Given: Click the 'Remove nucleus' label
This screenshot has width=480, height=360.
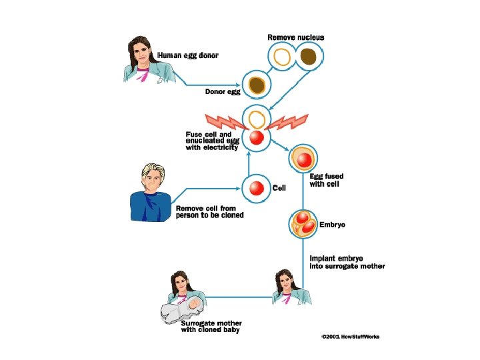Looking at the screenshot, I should point(295,37).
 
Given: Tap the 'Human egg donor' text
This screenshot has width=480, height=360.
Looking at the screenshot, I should point(187,55).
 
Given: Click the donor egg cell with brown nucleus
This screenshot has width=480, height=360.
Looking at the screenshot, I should point(257,85).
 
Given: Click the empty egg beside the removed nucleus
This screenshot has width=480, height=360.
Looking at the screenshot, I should point(282,57).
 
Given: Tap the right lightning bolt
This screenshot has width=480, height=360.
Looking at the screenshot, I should point(288,123).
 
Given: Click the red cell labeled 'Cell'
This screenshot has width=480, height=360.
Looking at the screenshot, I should point(257,188).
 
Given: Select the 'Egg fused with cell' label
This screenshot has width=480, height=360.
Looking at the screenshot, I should point(326,180).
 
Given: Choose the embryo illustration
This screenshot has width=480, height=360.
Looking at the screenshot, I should point(304,223).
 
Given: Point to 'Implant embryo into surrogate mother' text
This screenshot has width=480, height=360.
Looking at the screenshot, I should point(347,262).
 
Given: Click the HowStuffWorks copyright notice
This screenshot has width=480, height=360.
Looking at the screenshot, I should point(350,337).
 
